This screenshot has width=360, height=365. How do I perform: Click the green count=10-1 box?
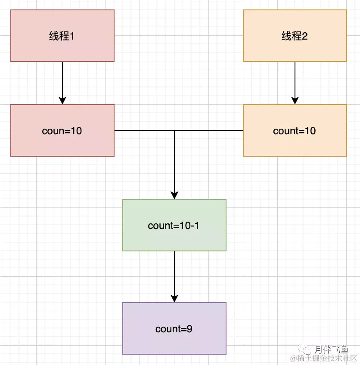(174, 239)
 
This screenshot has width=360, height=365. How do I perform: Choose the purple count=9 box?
(174, 342)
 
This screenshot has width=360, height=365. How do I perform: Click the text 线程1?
(62, 36)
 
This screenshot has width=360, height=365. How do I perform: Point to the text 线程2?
(295, 36)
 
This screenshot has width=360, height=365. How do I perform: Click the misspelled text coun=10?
(62, 131)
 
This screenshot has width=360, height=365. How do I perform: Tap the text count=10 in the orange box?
(295, 131)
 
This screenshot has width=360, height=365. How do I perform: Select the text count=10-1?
(174, 226)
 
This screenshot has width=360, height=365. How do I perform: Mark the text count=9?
(174, 329)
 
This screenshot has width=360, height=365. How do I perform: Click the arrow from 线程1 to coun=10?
(62, 82)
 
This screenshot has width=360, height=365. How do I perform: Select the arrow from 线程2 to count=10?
(295, 82)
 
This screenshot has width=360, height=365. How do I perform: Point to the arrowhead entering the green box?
(174, 195)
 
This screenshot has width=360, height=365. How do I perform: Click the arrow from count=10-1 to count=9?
(174, 275)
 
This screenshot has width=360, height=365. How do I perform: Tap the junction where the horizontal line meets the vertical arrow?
(174, 130)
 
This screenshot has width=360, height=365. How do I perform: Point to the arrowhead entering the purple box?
(174, 298)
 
